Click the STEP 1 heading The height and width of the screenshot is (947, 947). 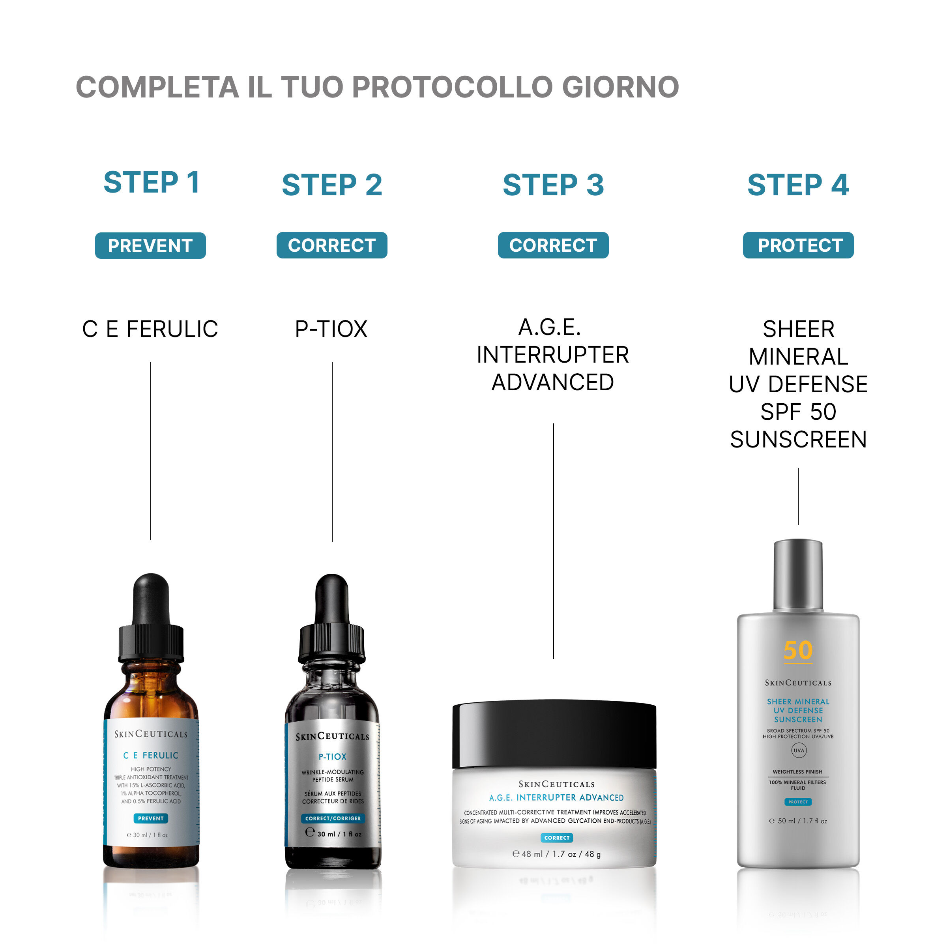pos(152,182)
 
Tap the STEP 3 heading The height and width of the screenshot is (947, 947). pos(553,185)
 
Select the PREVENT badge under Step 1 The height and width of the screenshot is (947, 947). pos(150,245)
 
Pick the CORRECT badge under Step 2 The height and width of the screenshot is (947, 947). pos(332,245)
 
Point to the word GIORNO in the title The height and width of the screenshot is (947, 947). pos(621,87)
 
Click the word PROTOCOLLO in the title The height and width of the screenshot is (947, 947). pos(453,87)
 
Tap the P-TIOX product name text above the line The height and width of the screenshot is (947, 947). pos(331,329)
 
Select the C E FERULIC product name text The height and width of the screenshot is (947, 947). pos(150,329)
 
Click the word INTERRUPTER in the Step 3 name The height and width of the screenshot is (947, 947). pos(553,355)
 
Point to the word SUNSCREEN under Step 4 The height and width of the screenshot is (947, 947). pos(799,439)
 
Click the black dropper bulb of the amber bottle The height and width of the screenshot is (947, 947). pos(151,599)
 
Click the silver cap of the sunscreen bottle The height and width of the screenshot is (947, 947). pos(798,575)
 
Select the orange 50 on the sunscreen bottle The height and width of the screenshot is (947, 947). pos(798,650)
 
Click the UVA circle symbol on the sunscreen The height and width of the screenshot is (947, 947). pos(799,750)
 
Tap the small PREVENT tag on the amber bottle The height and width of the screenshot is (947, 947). pos(151,818)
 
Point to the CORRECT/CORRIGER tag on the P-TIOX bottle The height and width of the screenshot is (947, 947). pos(333,818)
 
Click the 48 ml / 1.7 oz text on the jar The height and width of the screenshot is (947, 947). pos(556,854)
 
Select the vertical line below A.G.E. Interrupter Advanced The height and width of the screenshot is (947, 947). pos(553,541)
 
